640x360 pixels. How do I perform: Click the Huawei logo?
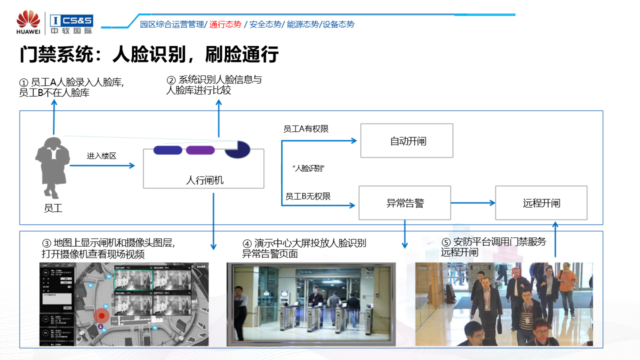pos(28,23)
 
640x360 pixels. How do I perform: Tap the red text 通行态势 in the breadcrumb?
pos(225,24)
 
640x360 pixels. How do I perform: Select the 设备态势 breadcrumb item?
pos(338,24)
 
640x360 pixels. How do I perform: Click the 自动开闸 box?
pos(406,141)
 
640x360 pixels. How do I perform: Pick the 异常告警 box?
pos(405,203)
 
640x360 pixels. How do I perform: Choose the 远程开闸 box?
pos(541,203)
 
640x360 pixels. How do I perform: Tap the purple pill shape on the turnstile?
pos(200,150)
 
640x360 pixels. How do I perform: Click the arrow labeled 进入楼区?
pos(102,165)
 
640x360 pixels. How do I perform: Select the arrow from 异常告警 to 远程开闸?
pos(473,203)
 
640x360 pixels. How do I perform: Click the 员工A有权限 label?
pos(306,129)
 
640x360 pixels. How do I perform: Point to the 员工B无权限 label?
pos(307,196)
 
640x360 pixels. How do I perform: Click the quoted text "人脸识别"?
pos(309,168)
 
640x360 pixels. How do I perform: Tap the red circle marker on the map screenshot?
pos(102,315)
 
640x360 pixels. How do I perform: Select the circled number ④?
pos(247,243)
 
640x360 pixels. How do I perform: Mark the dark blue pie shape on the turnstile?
pos(238,149)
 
